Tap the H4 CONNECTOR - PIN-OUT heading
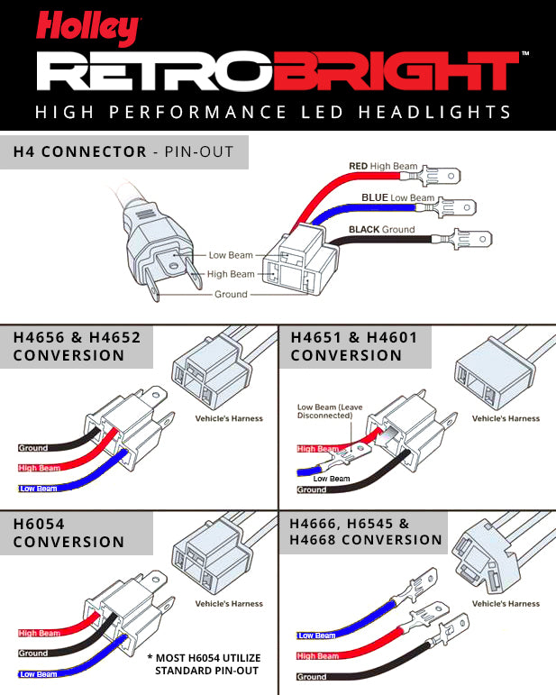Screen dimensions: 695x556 [123, 151]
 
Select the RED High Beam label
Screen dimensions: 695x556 [382, 167]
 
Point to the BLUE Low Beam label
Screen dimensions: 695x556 [397, 197]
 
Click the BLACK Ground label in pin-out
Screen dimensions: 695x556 [382, 230]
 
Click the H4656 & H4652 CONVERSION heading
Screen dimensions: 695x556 [77, 346]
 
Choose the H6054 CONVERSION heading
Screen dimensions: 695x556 [68, 533]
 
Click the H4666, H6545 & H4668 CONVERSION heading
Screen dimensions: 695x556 [365, 532]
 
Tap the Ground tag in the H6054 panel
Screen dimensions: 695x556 [33, 654]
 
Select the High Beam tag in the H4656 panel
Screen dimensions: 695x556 [38, 468]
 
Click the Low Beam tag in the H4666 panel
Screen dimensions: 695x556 [316, 636]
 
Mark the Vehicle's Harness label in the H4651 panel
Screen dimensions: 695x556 [506, 418]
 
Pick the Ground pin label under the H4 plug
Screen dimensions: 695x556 [231, 295]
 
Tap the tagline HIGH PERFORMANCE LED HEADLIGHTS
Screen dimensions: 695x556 [272, 113]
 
